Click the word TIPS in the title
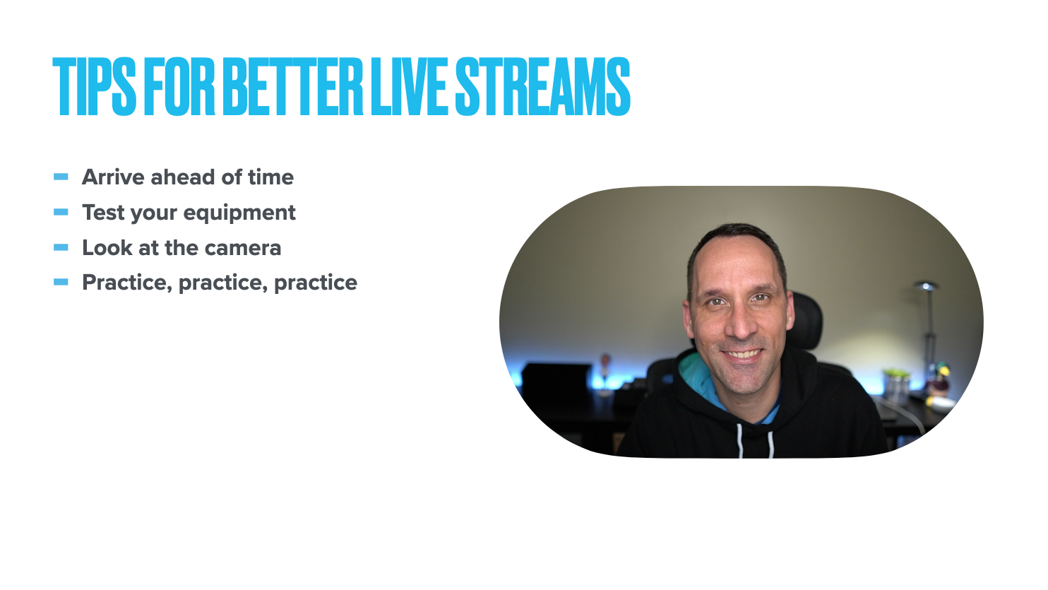[x=94, y=86]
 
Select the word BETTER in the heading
[x=293, y=86]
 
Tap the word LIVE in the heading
[x=410, y=86]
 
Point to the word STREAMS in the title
[x=542, y=86]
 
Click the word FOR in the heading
[x=179, y=86]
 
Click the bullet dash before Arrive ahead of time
[x=61, y=177]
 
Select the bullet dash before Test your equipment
[x=61, y=212]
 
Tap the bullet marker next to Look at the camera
[x=61, y=247]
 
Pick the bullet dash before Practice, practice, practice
[x=61, y=282]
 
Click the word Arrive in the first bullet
[x=113, y=177]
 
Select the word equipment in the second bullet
[x=239, y=213]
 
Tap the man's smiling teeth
[x=743, y=354]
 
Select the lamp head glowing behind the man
[x=926, y=285]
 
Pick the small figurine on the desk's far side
[x=605, y=366]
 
